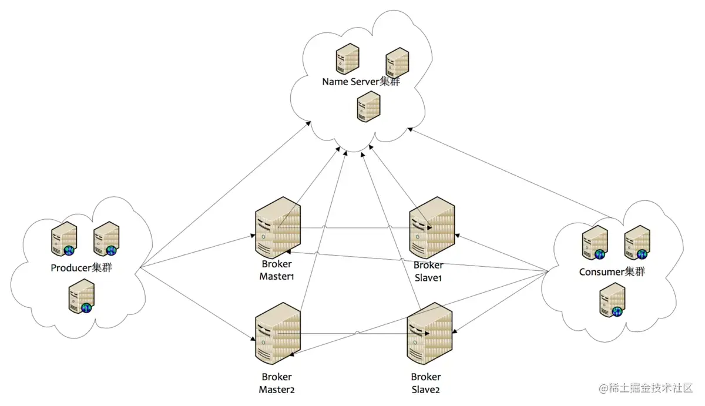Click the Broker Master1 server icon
point(278,227)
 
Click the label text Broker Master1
point(276,270)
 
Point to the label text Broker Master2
point(276,382)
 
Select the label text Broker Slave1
point(428,271)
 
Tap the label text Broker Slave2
point(426,383)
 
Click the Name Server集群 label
point(361,82)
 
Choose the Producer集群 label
point(82,269)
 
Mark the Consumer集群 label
point(612,272)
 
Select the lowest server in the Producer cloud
point(81,297)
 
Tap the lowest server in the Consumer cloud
point(612,300)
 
